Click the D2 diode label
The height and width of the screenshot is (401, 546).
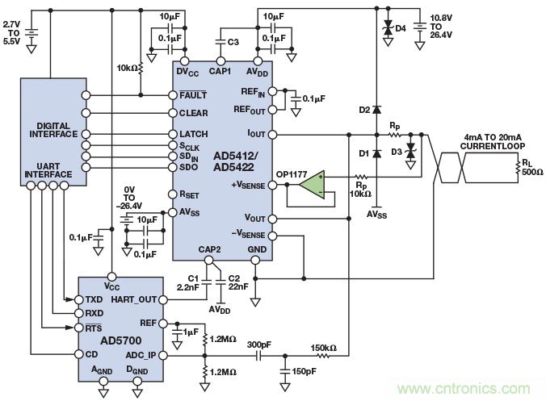tap(363, 109)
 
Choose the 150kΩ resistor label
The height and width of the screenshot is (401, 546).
tap(322, 349)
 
